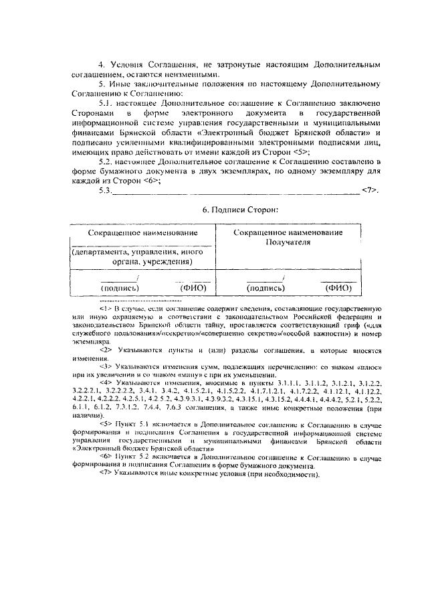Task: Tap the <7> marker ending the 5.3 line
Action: pos(369,190)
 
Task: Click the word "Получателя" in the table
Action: pos(288,242)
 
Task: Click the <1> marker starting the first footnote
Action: pos(105,307)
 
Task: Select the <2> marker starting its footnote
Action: pos(105,350)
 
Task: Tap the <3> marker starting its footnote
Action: pos(105,367)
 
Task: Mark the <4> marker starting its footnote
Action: pos(105,384)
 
